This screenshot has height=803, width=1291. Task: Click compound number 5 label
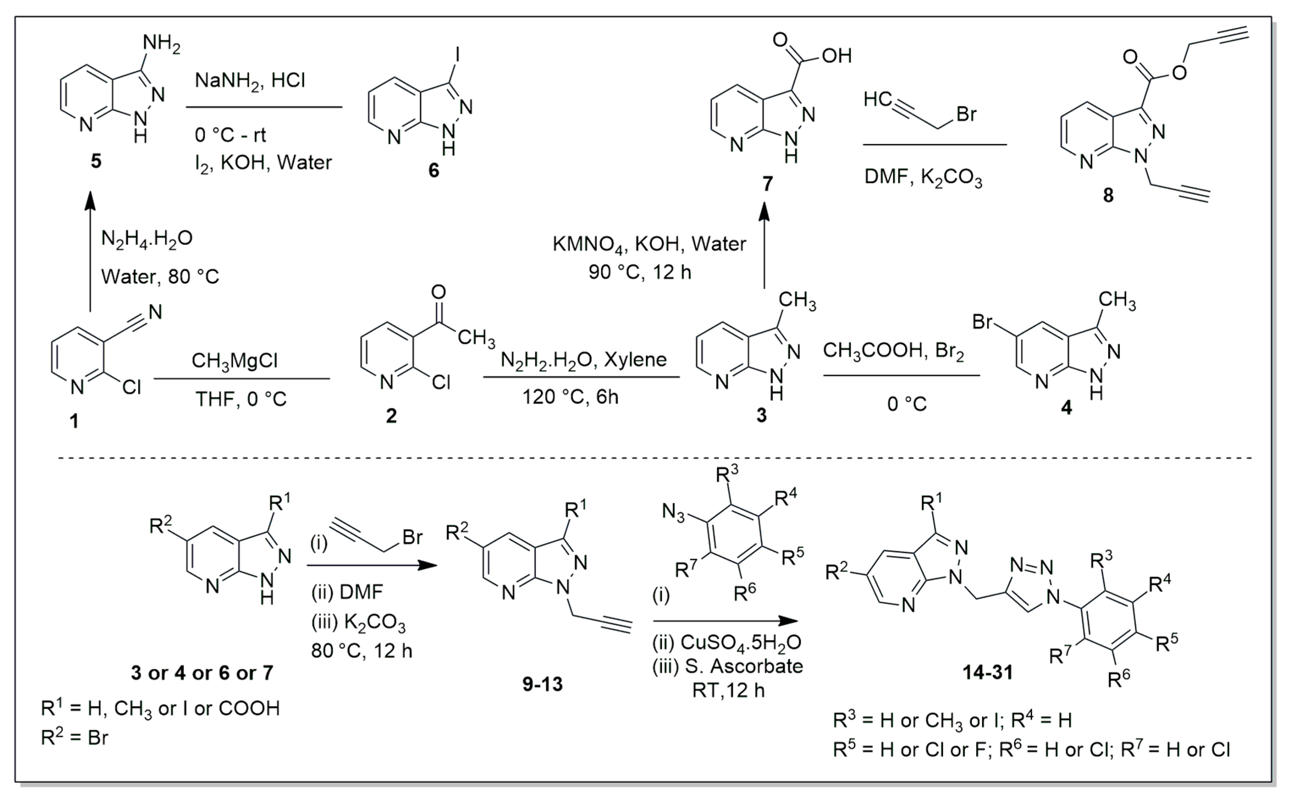[96, 161]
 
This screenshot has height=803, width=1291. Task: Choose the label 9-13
[542, 685]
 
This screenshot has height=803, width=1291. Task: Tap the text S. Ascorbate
[743, 666]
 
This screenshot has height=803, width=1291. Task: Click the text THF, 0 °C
[241, 398]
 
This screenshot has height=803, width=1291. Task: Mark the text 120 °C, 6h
[571, 397]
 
